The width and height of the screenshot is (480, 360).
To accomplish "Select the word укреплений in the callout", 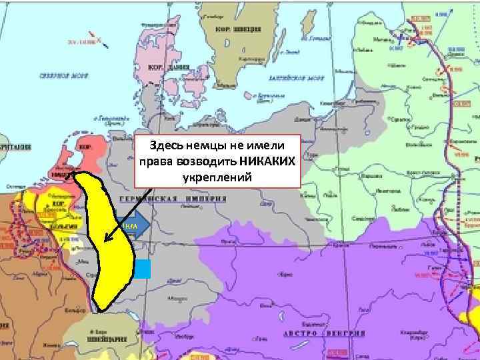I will tap(217, 177).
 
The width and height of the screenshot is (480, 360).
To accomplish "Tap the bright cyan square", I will tap(142, 269).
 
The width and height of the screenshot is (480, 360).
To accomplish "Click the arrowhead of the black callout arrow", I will tap(105, 238).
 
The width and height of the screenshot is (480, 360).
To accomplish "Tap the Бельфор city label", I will tap(73, 311).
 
